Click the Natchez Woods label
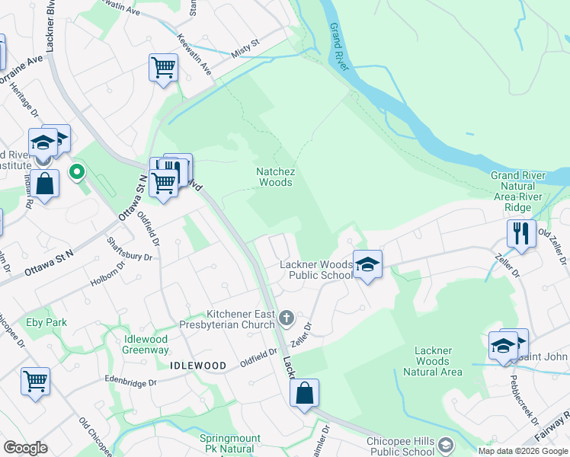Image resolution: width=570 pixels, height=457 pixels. pyautogui.click(x=275, y=177)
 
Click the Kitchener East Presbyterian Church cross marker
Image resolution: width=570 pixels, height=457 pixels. pyautogui.click(x=287, y=316)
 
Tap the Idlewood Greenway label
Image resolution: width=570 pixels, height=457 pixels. pyautogui.click(x=146, y=344)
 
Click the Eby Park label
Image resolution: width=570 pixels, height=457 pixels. pyautogui.click(x=46, y=322)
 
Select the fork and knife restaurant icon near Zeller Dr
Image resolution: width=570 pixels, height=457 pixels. pyautogui.click(x=521, y=234)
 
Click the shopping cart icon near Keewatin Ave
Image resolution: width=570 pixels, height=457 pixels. pyautogui.click(x=164, y=69)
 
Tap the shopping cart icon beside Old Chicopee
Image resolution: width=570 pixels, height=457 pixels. pyautogui.click(x=35, y=382)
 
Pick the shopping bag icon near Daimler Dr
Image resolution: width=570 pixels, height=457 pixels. pyautogui.click(x=304, y=394)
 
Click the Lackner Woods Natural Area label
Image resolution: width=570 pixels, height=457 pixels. pyautogui.click(x=432, y=361)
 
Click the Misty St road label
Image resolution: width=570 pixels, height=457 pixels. pyautogui.click(x=246, y=50)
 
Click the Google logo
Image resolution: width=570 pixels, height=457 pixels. pyautogui.click(x=25, y=448)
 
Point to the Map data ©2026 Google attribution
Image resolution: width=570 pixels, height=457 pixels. pyautogui.click(x=523, y=451)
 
